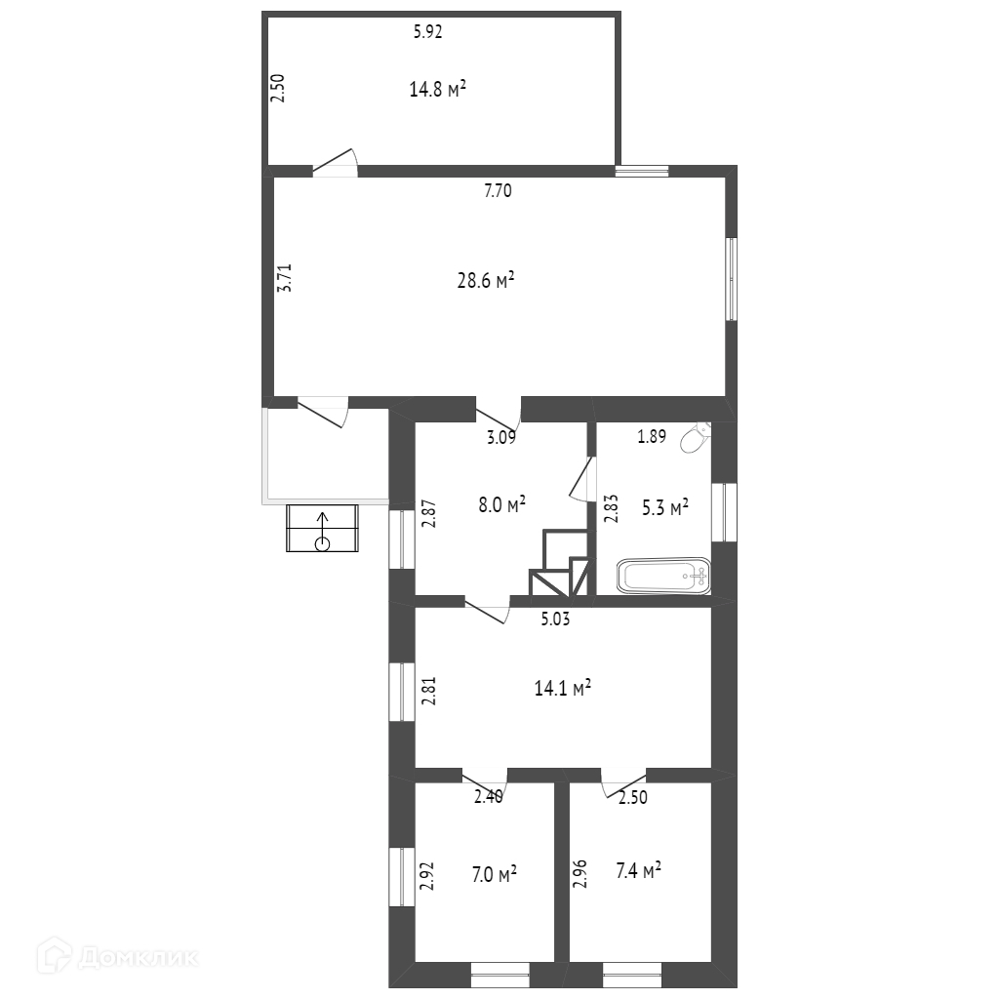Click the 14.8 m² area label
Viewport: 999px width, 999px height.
point(437,89)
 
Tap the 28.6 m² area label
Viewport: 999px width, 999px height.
point(486,280)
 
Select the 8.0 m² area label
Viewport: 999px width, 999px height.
point(502,504)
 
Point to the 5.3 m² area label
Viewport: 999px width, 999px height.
point(664,507)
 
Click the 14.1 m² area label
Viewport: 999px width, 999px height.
point(563,688)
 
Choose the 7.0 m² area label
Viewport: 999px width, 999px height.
point(494,873)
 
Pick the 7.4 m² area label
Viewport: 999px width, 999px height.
point(638,870)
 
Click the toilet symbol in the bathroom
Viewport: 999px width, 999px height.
point(695,437)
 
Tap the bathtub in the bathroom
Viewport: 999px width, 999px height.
point(663,576)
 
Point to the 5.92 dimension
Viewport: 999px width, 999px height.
point(427,32)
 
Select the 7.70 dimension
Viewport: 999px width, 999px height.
point(498,190)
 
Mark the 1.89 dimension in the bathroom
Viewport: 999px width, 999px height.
point(652,436)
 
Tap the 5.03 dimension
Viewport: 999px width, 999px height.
point(555,619)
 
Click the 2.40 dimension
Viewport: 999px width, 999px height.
point(489,796)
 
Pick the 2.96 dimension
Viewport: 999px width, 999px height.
point(579,874)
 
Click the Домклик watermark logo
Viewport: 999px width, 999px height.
point(117,956)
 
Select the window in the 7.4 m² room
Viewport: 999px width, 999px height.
point(632,975)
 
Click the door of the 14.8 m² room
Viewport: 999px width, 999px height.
point(336,163)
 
